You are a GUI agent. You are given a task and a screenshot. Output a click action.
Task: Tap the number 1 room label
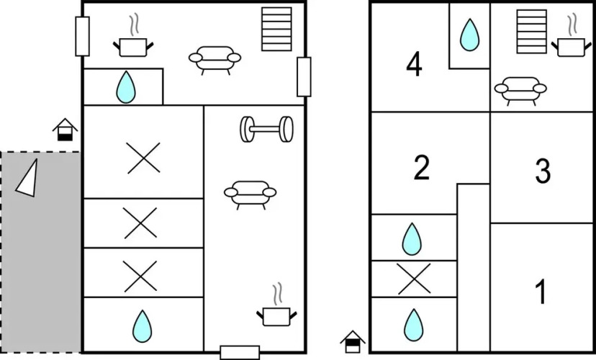click(x=541, y=293)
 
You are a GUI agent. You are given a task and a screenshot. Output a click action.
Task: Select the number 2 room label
click(x=422, y=168)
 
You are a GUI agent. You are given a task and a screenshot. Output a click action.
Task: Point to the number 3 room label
click(x=543, y=171)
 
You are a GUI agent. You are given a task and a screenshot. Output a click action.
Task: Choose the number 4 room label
click(x=414, y=65)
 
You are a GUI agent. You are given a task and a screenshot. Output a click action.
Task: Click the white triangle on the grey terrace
click(x=27, y=177)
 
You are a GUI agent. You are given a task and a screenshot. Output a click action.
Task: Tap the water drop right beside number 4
click(x=469, y=34)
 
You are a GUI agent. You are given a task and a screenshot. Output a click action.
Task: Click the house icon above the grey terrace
click(x=66, y=130)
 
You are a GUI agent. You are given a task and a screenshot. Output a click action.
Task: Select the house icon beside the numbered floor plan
click(x=353, y=341)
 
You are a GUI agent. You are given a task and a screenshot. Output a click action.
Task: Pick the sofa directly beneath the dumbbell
click(x=250, y=194)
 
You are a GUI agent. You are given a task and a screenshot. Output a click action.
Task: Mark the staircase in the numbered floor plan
click(x=531, y=30)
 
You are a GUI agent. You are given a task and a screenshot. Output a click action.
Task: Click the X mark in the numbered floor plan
click(x=414, y=279)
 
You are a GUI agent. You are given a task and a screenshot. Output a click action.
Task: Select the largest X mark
click(x=143, y=158)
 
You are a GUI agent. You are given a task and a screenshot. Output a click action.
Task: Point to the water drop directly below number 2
click(x=412, y=239)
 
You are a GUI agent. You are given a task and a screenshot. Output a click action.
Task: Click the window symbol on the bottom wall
click(x=240, y=352)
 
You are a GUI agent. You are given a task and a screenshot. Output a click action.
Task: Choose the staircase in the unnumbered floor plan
click(x=276, y=29)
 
